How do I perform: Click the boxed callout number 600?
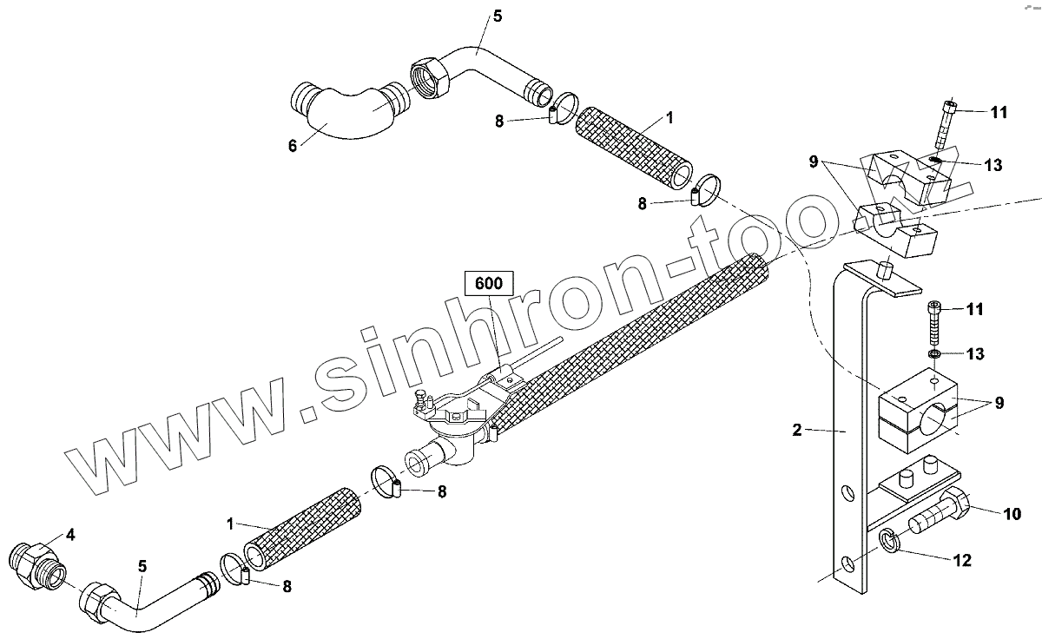click(489, 283)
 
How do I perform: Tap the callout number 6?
click(293, 146)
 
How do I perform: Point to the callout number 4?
click(71, 535)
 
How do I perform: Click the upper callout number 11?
click(999, 112)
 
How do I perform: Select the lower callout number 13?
click(975, 353)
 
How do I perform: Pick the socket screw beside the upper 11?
click(945, 124)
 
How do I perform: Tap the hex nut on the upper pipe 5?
click(428, 76)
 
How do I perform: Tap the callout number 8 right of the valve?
click(441, 491)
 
